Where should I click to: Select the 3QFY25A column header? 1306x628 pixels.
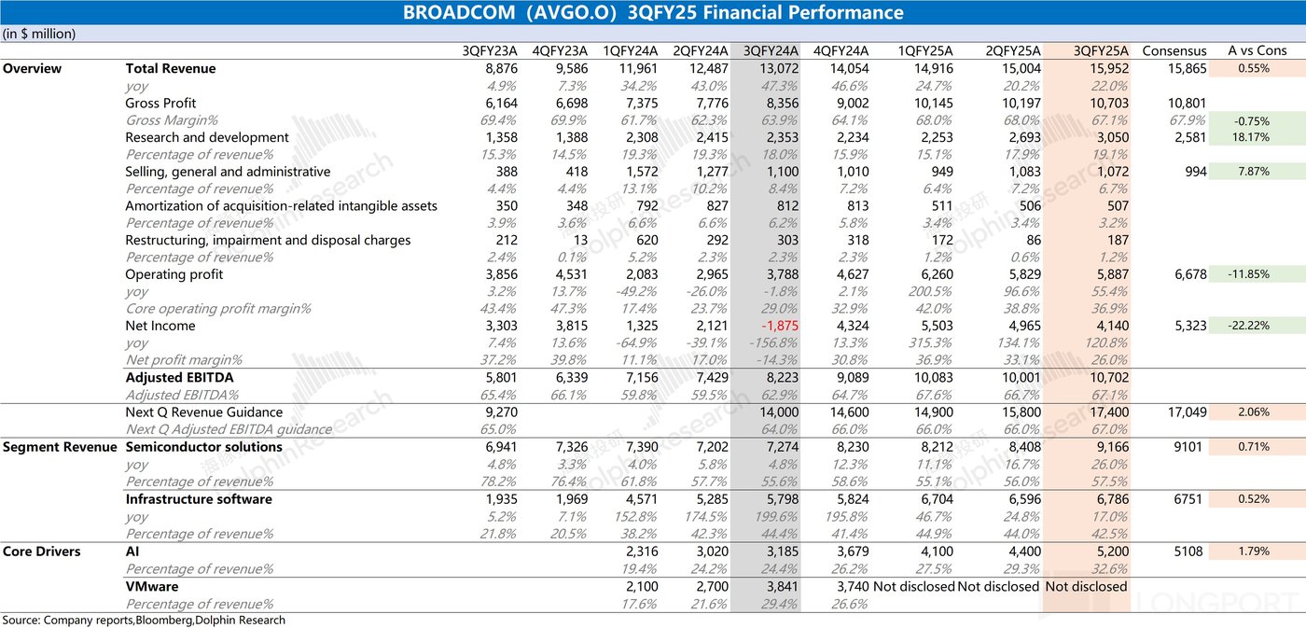point(1102,51)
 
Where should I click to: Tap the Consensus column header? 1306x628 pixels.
point(1174,51)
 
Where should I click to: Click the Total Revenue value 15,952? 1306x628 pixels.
point(1106,68)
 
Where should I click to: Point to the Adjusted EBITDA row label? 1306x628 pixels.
point(179,377)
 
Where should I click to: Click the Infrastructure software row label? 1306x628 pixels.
point(199,499)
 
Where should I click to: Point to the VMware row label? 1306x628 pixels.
point(152,586)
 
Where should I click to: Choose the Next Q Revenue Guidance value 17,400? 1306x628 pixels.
point(1106,412)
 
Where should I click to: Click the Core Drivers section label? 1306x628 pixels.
point(41,551)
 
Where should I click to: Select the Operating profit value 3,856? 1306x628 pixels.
point(495,274)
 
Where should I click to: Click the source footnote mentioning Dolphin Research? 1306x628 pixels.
point(144,620)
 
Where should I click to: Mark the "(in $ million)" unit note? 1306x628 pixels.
point(39,34)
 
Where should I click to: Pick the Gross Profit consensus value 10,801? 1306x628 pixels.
point(1186,103)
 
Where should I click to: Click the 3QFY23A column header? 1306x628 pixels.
point(490,51)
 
